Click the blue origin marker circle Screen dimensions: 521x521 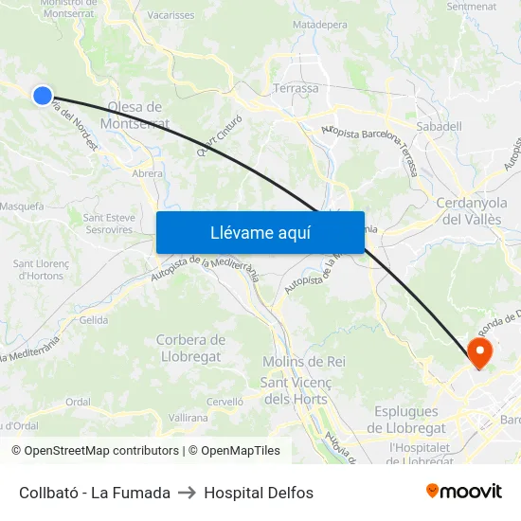click(42, 95)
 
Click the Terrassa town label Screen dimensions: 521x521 click(296, 88)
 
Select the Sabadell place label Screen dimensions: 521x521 click(440, 125)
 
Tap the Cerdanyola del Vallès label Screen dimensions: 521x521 click(474, 210)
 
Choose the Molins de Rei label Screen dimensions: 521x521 click(303, 362)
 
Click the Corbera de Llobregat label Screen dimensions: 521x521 click(189, 348)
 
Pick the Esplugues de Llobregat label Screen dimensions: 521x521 click(406, 420)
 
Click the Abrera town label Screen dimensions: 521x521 click(147, 173)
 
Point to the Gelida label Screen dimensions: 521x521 click(94, 320)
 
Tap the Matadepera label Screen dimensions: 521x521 click(320, 24)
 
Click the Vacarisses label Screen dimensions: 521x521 click(171, 15)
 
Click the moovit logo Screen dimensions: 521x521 click(464, 492)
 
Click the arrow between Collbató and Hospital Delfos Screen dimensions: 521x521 click(187, 493)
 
